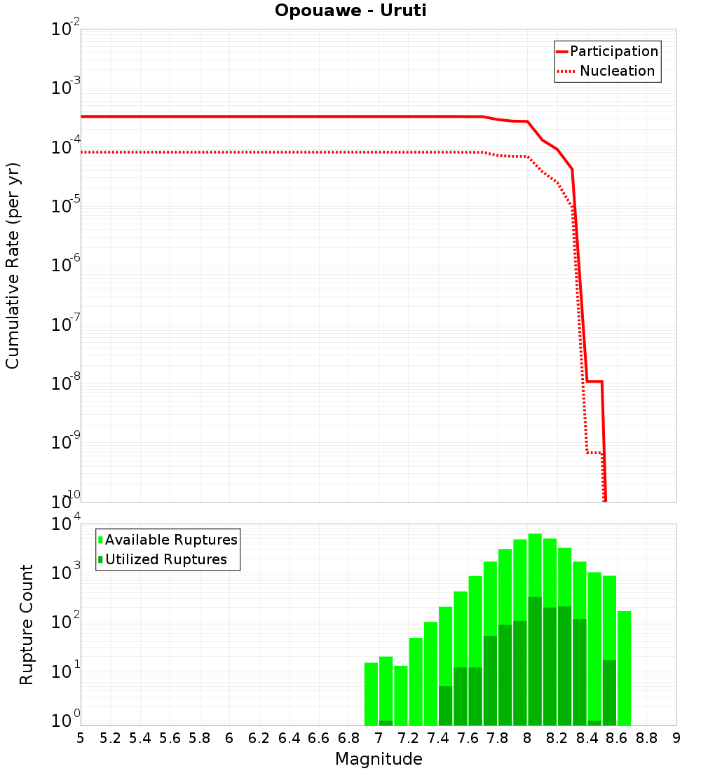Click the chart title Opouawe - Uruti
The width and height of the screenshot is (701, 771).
[x=350, y=11]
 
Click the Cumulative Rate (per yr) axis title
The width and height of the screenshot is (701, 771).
[x=13, y=266]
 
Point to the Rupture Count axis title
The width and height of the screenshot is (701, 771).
[x=27, y=625]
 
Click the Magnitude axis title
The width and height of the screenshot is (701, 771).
[x=379, y=759]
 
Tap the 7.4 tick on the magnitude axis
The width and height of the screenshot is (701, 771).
[x=438, y=738]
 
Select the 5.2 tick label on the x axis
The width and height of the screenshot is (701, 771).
[x=110, y=738]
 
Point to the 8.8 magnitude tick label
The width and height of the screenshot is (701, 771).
[x=646, y=738]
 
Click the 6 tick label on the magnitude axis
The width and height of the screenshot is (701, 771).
[x=229, y=738]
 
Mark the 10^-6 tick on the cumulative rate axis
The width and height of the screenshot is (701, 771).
[x=66, y=266]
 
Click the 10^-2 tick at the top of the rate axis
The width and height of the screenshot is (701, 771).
[x=66, y=29]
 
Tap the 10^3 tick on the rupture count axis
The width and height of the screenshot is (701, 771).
[x=67, y=572]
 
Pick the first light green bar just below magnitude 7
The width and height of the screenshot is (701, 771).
[x=371, y=694]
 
